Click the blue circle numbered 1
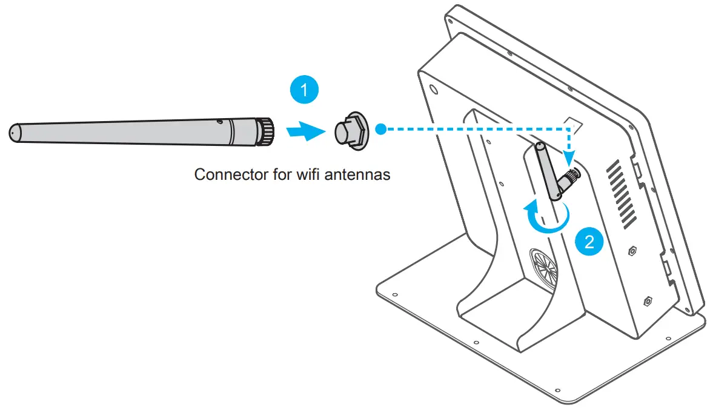pyautogui.click(x=303, y=91)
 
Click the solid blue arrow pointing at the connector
pyautogui.click(x=303, y=130)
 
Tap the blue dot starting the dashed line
pyautogui.click(x=380, y=129)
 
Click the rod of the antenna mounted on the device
pyautogui.click(x=547, y=170)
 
